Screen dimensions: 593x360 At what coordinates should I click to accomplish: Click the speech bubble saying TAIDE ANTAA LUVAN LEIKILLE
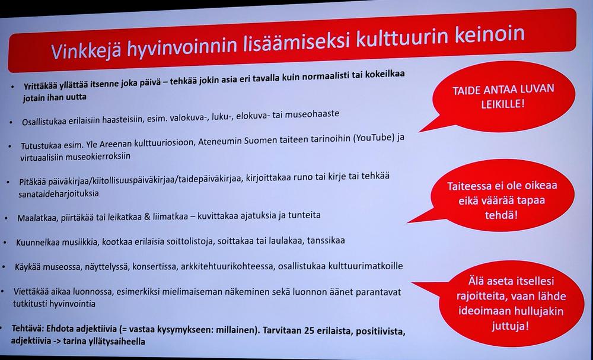(x=500, y=98)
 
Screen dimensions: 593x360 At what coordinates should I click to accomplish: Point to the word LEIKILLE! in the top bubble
(x=503, y=104)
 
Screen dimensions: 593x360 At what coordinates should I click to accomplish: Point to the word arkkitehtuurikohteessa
(x=227, y=267)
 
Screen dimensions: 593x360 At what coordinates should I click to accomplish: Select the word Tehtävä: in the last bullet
(x=27, y=328)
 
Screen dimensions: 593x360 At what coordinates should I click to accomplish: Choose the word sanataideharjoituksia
(x=58, y=193)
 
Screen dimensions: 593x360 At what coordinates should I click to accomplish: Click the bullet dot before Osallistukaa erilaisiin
(x=11, y=122)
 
